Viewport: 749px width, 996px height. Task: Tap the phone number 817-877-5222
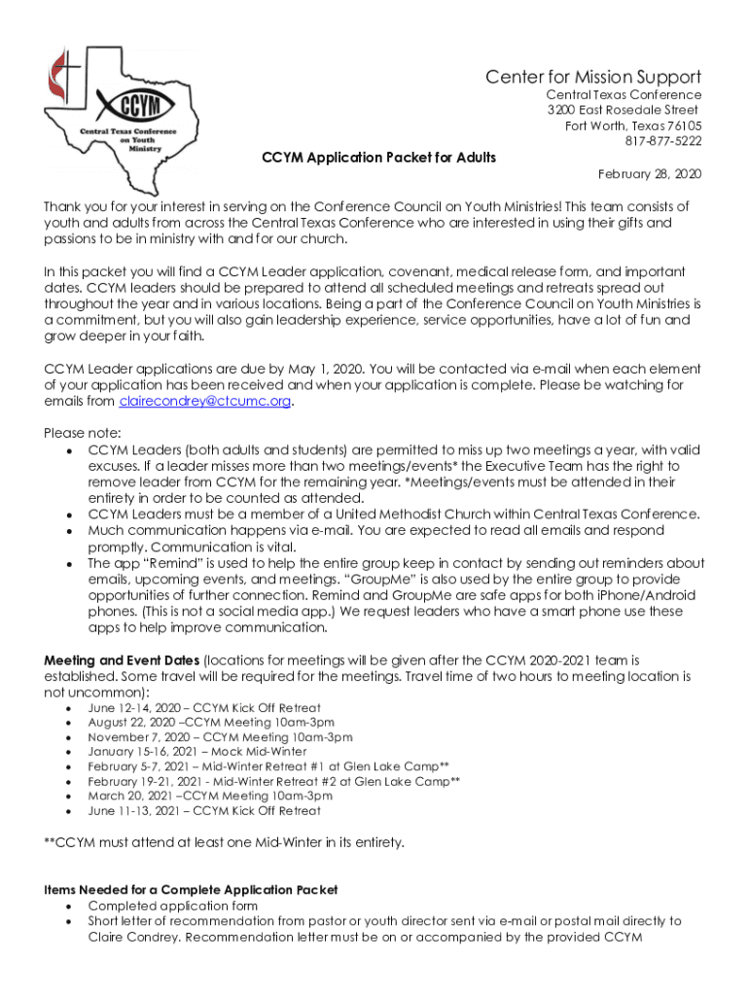coord(662,141)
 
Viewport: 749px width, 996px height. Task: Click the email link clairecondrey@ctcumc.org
coord(204,402)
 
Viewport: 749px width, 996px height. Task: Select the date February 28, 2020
coord(649,173)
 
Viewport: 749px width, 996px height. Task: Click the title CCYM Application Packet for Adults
coord(379,157)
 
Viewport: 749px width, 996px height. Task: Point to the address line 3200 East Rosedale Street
coord(622,110)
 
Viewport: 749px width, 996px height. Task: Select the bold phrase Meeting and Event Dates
coord(122,660)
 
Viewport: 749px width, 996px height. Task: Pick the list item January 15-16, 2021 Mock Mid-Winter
coord(196,752)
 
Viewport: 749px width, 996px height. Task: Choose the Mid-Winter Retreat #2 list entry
coord(273,781)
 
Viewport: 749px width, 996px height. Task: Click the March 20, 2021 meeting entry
coord(209,796)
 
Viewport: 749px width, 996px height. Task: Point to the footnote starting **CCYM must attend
coord(224,841)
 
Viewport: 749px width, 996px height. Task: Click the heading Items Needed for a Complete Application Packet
coord(192,890)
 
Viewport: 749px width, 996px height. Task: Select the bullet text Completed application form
coord(172,906)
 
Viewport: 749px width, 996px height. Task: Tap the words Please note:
coord(83,432)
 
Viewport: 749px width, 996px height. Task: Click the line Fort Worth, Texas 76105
coord(633,125)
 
